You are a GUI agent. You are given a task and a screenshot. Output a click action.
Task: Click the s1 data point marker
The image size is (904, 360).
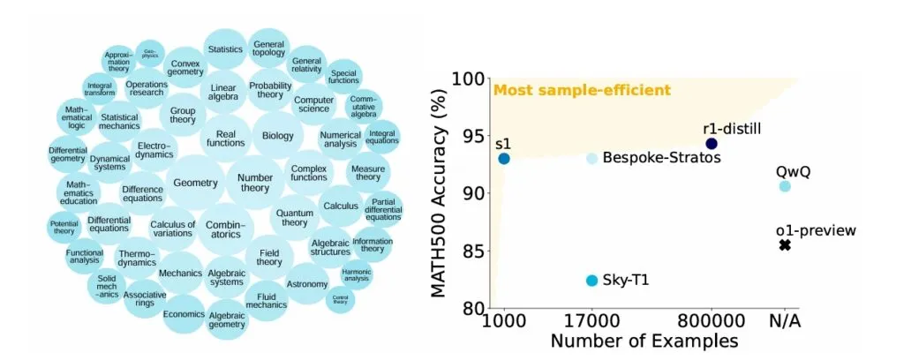click(x=504, y=159)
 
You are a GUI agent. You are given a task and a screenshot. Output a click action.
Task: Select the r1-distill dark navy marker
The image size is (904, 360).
click(x=712, y=144)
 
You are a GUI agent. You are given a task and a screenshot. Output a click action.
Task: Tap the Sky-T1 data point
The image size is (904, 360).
click(x=591, y=281)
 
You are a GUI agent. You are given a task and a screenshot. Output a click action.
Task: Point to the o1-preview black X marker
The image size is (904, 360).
click(x=785, y=244)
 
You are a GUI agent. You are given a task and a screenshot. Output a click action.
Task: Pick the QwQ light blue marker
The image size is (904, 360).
click(x=785, y=186)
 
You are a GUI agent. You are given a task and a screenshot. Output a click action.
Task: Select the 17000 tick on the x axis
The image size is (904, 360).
click(x=591, y=321)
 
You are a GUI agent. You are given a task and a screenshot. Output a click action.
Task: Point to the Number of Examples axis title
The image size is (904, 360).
click(x=644, y=341)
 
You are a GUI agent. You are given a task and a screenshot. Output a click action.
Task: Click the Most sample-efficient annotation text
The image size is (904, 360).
click(x=582, y=90)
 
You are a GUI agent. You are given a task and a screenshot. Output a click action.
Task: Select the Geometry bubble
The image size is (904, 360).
click(x=195, y=183)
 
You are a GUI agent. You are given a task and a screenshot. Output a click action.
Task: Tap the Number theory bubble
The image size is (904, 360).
click(x=255, y=183)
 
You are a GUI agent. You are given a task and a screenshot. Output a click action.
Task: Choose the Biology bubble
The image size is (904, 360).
click(x=278, y=137)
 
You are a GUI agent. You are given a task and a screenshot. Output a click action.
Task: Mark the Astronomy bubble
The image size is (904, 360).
click(x=308, y=284)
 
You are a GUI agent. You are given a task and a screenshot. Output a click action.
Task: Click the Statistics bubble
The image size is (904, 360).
click(x=225, y=49)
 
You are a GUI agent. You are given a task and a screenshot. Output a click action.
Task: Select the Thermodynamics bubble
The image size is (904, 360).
click(x=137, y=259)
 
